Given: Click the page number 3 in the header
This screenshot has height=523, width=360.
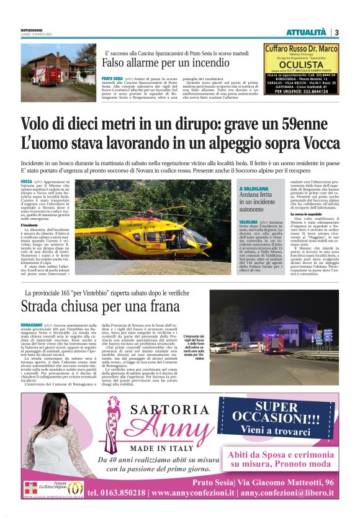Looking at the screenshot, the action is point(336,32).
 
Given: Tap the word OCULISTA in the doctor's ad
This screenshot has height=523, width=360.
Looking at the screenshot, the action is point(302,65).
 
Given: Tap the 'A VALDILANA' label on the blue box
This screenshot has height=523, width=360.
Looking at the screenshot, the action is point(253,188).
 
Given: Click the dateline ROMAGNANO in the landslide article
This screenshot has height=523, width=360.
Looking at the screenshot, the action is point(32,325).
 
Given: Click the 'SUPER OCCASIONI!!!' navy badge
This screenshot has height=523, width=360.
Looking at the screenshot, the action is point(276,419).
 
